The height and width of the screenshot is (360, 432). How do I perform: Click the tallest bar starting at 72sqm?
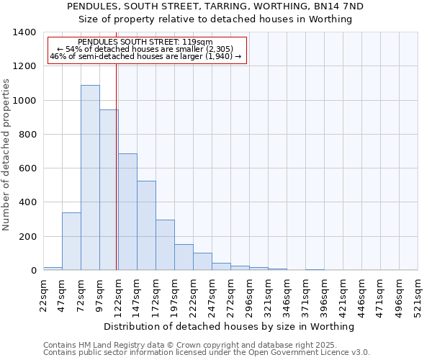[90, 178]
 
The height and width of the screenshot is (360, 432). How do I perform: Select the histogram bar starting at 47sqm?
[71, 241]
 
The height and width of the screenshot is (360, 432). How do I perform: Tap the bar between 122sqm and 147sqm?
[127, 212]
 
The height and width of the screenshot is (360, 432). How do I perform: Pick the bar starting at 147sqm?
[146, 225]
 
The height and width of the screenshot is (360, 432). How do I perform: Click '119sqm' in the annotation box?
[197, 42]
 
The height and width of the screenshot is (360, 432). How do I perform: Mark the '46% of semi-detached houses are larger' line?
[145, 56]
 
